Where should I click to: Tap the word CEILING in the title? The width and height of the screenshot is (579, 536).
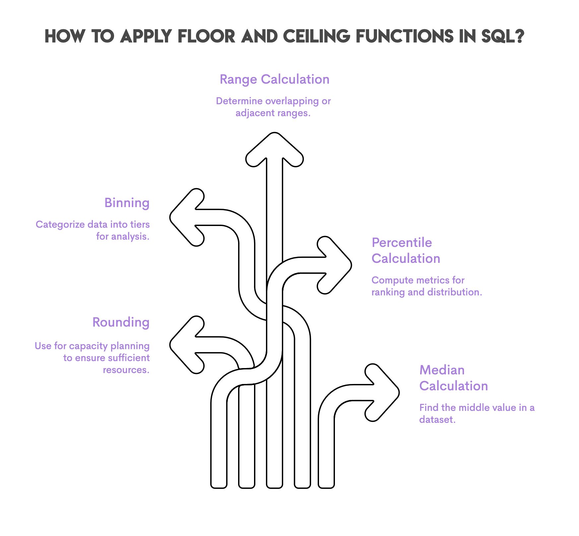(x=316, y=36)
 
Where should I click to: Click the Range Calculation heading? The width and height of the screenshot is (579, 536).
(x=274, y=80)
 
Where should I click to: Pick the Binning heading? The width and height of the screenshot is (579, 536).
(x=127, y=203)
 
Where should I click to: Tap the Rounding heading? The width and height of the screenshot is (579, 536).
(x=121, y=322)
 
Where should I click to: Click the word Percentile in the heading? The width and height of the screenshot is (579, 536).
(x=402, y=243)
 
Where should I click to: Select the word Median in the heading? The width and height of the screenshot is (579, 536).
(x=442, y=370)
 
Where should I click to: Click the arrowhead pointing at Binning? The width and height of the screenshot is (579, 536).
(x=186, y=217)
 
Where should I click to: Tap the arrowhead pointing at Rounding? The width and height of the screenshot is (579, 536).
(x=186, y=345)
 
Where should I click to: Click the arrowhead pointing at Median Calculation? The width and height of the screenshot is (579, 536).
(x=383, y=393)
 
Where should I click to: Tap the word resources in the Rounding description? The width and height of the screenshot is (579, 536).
(x=126, y=370)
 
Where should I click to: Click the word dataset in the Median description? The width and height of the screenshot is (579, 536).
(x=437, y=420)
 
